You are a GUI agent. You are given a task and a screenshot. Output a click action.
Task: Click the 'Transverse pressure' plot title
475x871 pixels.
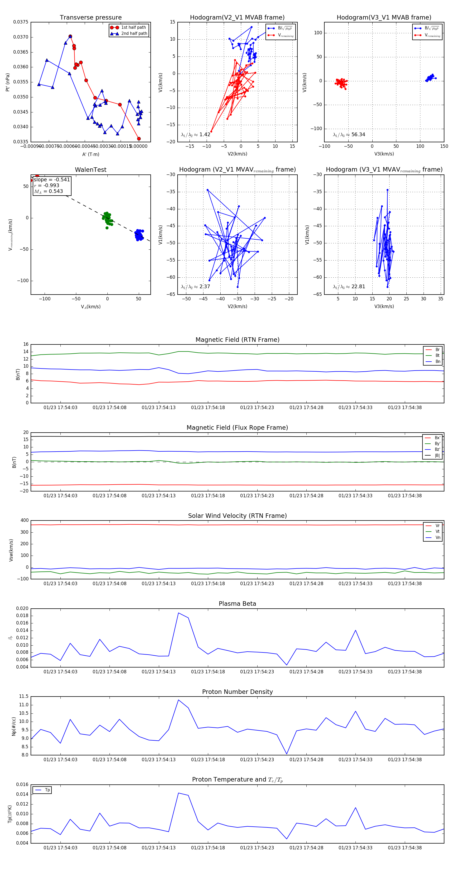tap(91, 18)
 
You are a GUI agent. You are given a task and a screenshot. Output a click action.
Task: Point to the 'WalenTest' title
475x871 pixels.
tap(91, 170)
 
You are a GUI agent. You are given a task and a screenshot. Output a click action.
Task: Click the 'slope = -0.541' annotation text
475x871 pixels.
tap(52, 179)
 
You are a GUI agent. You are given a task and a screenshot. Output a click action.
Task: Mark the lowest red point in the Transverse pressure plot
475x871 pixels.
tap(139, 139)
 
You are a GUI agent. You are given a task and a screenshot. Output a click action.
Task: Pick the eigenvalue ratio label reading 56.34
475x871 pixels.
tap(349, 135)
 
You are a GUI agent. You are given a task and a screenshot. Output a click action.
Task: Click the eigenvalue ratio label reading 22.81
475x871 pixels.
tap(349, 287)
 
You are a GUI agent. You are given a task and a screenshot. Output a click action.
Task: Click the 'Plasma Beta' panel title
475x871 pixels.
tap(237, 604)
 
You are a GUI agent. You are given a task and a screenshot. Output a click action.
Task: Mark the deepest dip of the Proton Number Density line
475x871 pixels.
tap(287, 754)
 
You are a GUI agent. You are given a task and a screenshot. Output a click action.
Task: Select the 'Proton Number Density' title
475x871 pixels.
tap(237, 692)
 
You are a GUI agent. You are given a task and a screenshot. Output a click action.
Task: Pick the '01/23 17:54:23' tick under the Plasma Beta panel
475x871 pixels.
tap(257, 672)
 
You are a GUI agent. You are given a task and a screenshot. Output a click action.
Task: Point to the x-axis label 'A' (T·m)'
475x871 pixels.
tap(91, 154)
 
